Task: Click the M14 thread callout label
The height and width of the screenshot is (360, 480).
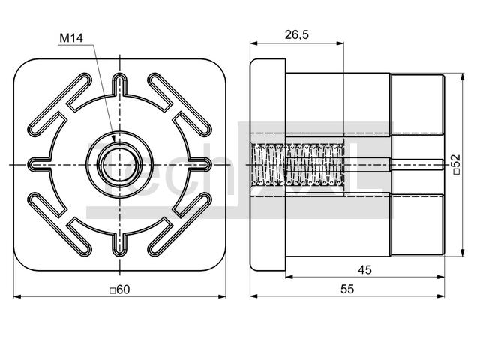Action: click(x=71, y=38)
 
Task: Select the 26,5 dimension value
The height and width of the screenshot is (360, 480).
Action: click(x=297, y=35)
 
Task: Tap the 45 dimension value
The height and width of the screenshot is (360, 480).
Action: click(x=364, y=270)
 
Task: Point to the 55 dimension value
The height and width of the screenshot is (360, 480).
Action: click(x=347, y=289)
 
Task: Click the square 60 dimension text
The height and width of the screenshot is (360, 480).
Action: click(x=120, y=289)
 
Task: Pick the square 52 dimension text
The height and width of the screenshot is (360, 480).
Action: click(x=456, y=164)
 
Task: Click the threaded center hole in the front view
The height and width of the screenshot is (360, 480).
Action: click(x=120, y=165)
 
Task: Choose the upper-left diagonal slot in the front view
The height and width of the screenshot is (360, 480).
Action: click(x=60, y=105)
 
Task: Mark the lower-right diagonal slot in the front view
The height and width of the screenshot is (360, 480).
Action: click(x=180, y=224)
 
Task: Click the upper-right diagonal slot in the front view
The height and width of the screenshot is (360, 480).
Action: click(x=180, y=105)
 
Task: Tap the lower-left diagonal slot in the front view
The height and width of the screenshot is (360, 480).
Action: click(x=60, y=224)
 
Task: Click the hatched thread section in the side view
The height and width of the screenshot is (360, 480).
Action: click(x=297, y=165)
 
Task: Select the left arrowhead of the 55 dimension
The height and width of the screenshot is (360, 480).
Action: click(x=253, y=296)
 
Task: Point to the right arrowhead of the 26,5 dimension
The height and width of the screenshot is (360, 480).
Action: click(x=340, y=43)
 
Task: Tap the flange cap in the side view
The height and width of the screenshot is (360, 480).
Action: click(x=268, y=165)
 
